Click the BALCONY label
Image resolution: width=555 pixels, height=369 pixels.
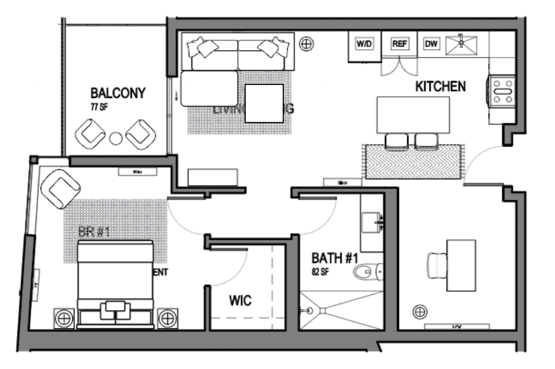point(118,94)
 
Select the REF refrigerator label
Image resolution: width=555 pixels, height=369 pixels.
point(399,45)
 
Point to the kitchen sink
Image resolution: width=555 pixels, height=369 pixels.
point(461,44)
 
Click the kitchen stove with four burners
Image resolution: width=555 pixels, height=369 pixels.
point(503,90)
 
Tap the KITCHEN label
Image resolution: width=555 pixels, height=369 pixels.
point(441,86)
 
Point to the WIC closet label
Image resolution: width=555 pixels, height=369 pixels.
point(240,301)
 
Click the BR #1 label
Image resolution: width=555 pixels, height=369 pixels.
point(90,232)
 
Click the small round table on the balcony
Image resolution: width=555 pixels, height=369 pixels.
point(116,139)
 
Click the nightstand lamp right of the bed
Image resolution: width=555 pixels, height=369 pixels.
point(167,318)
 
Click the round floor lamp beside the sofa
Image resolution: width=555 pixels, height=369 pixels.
point(305,43)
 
